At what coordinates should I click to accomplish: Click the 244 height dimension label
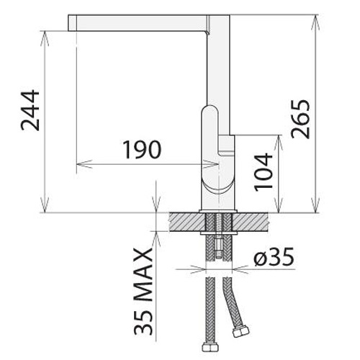(x=30, y=110)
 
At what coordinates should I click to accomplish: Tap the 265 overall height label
(x=300, y=119)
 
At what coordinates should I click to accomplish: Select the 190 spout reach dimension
(x=142, y=150)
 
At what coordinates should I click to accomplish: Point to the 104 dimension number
(x=264, y=172)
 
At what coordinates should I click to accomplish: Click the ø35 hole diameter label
(x=274, y=256)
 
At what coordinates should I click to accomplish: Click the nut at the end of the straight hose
(x=210, y=347)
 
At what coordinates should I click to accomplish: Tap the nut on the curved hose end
(x=240, y=332)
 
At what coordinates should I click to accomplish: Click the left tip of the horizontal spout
(x=68, y=23)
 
